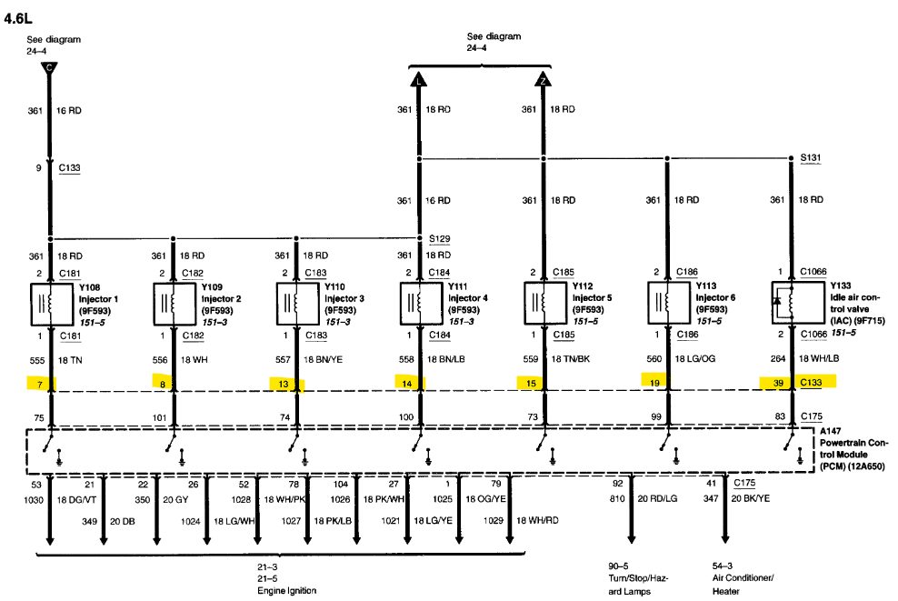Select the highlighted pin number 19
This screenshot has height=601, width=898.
[654, 383]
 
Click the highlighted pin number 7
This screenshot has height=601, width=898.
[39, 383]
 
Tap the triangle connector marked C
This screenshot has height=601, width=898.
[52, 68]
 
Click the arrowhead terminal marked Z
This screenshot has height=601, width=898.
[543, 79]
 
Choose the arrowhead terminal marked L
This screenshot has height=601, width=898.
[418, 79]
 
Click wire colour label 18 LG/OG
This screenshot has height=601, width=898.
[694, 360]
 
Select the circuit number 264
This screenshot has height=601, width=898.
[776, 360]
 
